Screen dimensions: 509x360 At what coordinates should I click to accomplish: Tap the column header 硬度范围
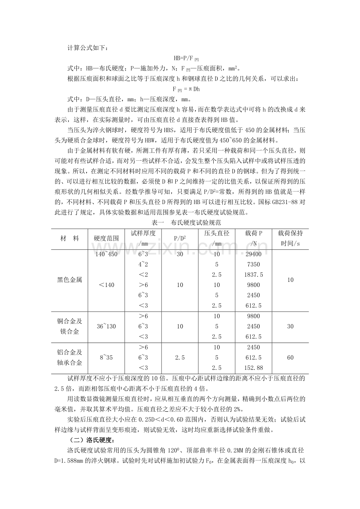pos(106,238)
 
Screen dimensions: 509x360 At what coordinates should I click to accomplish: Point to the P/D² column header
pos(180,238)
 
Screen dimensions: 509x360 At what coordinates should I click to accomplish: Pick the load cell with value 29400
pos(253,254)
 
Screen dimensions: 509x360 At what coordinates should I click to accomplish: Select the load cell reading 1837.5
pos(253,274)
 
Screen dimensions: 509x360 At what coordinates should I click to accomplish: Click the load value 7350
pos(253,264)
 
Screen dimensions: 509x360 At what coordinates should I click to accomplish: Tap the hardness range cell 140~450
pos(106,254)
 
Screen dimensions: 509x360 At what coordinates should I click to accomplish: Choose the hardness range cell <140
pos(106,285)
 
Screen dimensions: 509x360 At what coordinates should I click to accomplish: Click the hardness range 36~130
pos(106,326)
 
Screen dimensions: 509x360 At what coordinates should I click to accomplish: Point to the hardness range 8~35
pos(106,357)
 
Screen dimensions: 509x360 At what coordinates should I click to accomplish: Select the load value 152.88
pos(253,368)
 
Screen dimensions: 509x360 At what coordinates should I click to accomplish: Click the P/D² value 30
pos(180,254)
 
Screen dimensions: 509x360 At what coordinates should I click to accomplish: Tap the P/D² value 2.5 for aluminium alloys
pos(180,357)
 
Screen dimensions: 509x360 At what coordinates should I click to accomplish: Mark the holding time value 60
pos(290,357)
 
